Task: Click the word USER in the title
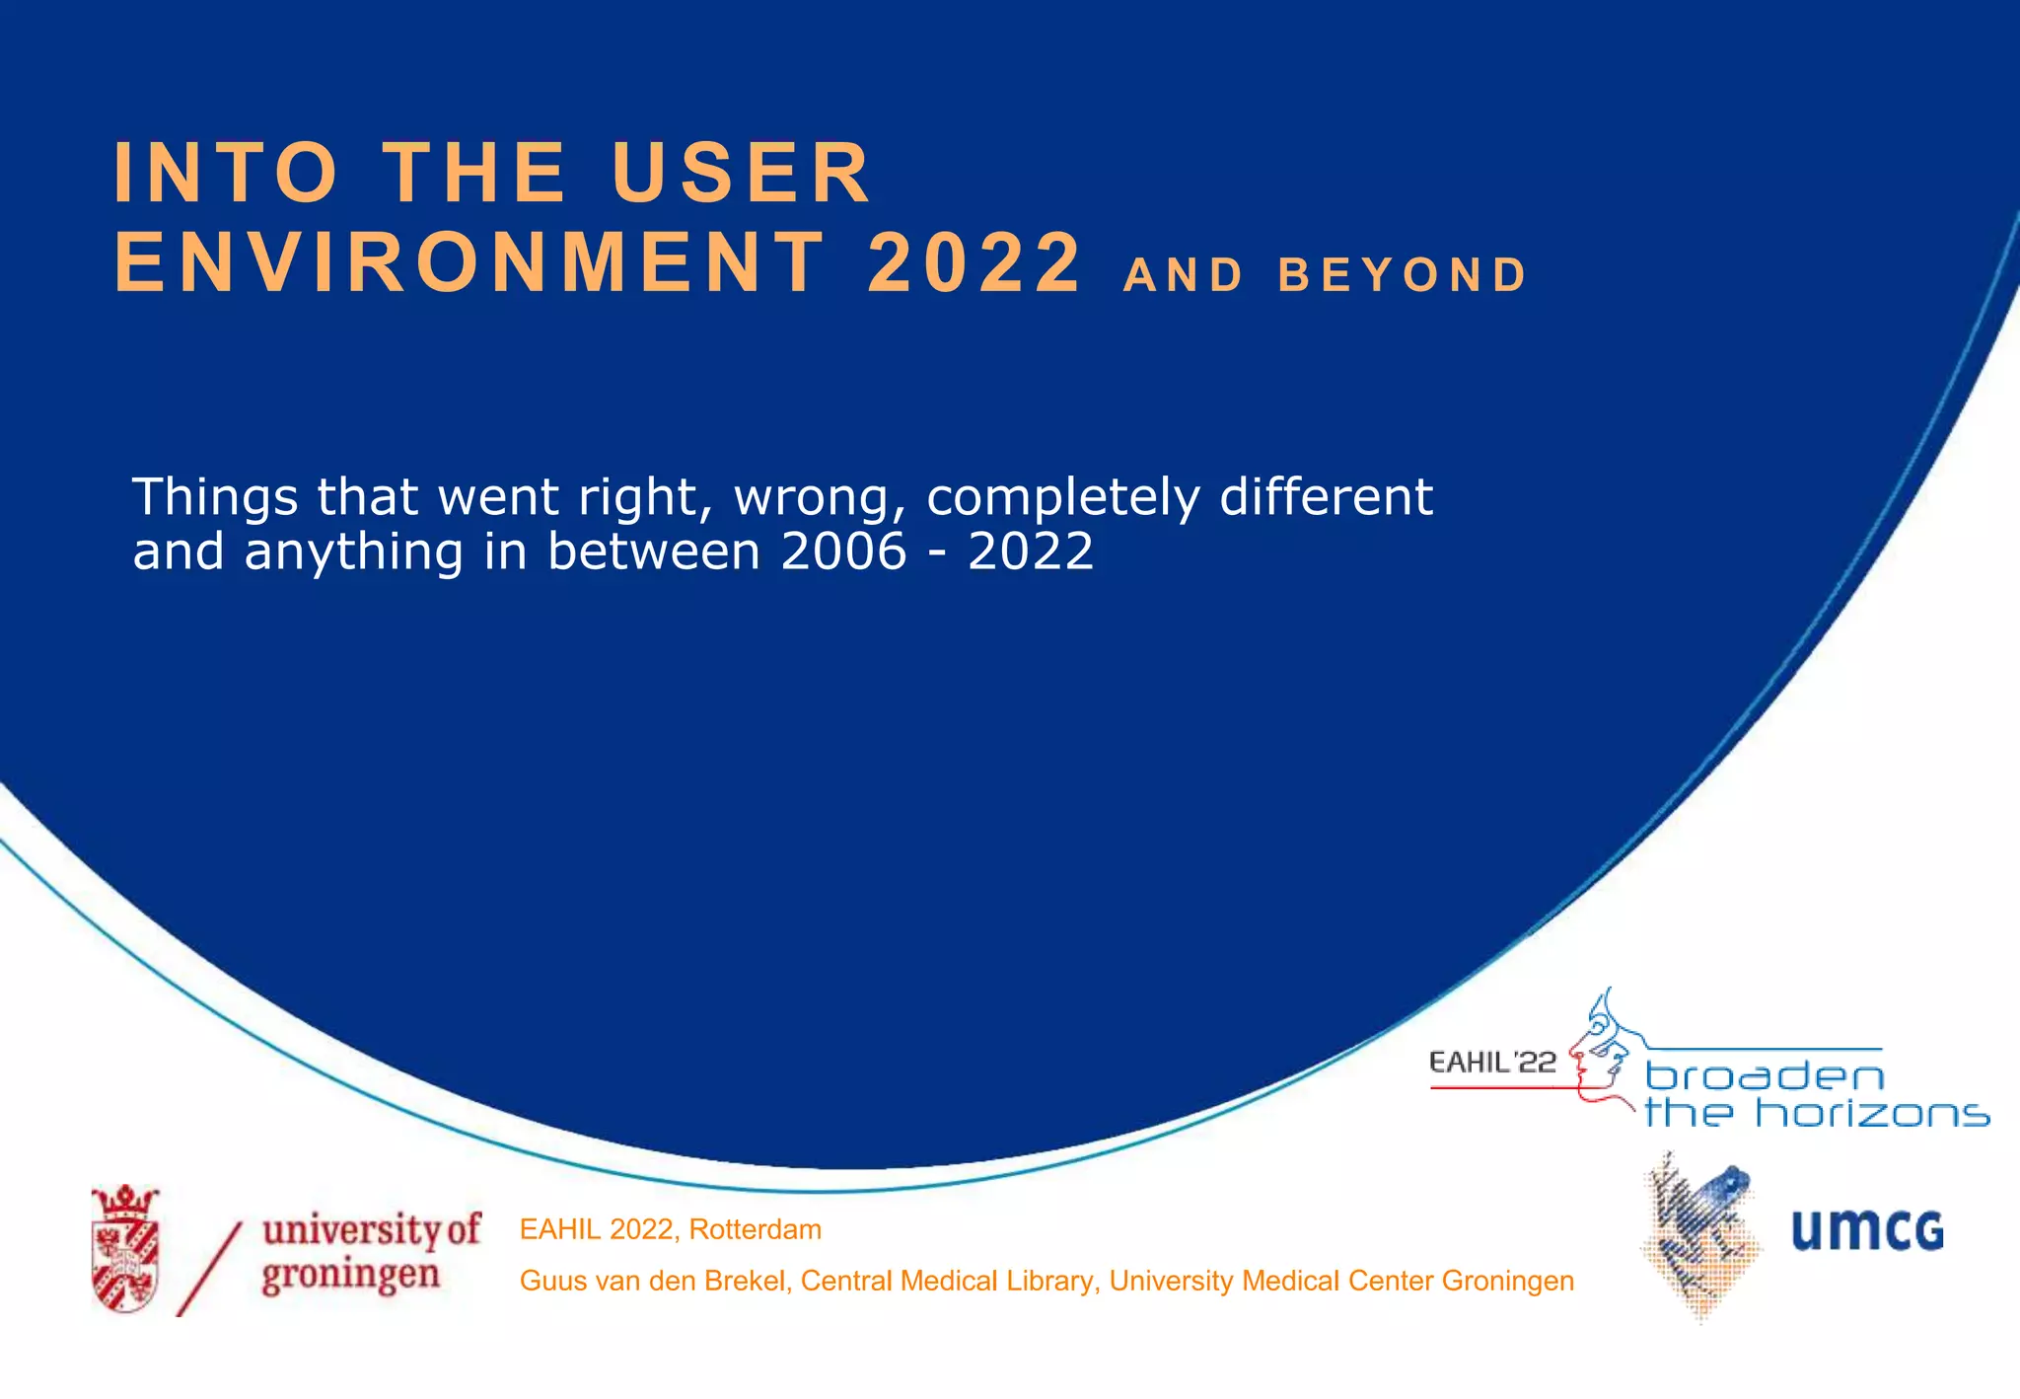tap(741, 173)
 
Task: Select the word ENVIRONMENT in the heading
tap(469, 262)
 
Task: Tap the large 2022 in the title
tap(974, 262)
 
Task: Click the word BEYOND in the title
tap(1403, 275)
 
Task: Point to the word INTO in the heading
tap(227, 173)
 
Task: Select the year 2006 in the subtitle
tap(843, 551)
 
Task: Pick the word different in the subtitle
tap(1326, 496)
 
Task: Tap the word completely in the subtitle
tap(1062, 498)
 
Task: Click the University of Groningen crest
tap(125, 1249)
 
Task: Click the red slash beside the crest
tap(209, 1269)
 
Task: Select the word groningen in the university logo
tap(350, 1275)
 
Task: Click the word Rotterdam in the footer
tap(755, 1229)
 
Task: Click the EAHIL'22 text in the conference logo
tap(1491, 1063)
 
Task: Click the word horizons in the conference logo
tap(1871, 1114)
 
